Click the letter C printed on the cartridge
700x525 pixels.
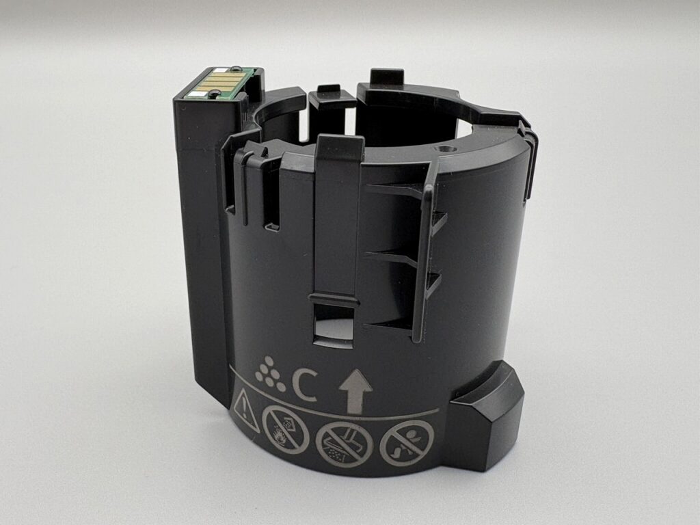[304, 385]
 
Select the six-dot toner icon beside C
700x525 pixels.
[270, 374]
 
